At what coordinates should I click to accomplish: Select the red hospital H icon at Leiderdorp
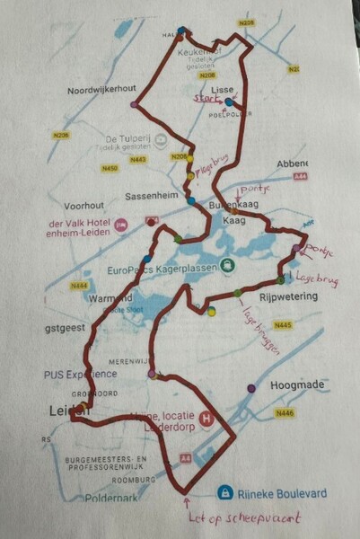[209, 418]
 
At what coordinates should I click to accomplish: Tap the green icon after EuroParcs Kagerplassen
[230, 266]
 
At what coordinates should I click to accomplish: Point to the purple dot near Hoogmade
[251, 389]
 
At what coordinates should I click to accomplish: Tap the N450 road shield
[112, 167]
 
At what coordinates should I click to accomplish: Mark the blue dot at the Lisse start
[229, 102]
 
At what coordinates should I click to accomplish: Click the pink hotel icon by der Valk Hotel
[121, 222]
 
